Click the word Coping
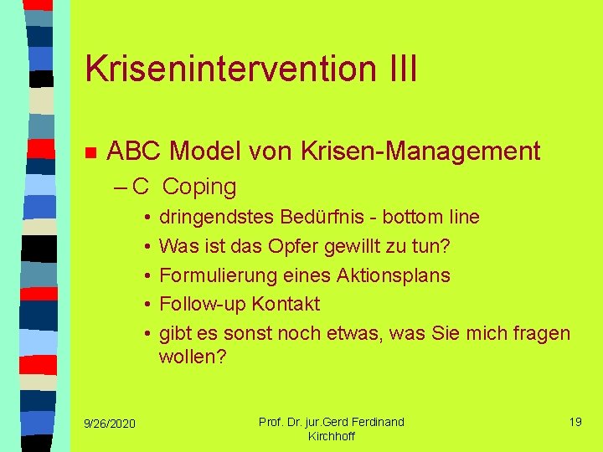pyautogui.click(x=199, y=187)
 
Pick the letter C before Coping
pyautogui.click(x=141, y=187)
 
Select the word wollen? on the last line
pyautogui.click(x=193, y=357)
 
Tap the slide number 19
pyautogui.click(x=575, y=422)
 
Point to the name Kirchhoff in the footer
pyautogui.click(x=332, y=436)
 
